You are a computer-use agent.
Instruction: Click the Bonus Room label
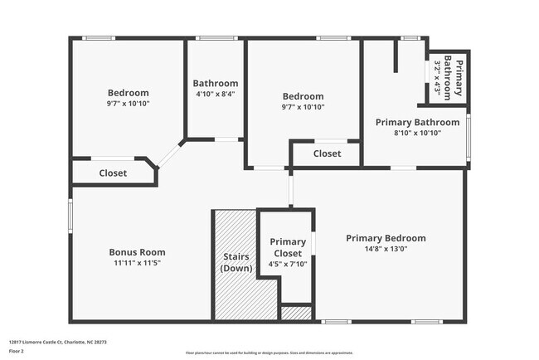tap(137, 252)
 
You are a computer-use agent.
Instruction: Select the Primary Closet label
tap(287, 246)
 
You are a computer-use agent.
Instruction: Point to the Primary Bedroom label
tap(386, 237)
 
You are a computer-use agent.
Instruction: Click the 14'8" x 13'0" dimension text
tap(386, 248)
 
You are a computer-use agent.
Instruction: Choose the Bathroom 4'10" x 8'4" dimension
tap(215, 94)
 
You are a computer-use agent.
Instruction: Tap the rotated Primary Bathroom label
tap(454, 78)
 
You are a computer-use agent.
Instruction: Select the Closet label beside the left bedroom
tap(113, 173)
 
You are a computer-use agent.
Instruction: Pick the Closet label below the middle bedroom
tap(327, 153)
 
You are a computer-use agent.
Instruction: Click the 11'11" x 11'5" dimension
tap(137, 263)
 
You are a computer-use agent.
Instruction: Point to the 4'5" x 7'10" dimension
tap(287, 265)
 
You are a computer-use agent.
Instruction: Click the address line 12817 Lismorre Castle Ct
tap(58, 341)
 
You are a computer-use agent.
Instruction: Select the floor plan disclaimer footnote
tap(269, 353)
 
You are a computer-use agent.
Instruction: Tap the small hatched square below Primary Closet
tap(296, 314)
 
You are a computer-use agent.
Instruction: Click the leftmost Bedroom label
tap(128, 92)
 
